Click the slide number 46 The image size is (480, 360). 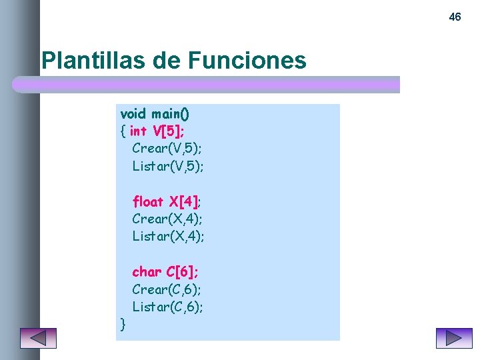(x=455, y=17)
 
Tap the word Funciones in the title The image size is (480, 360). (x=247, y=61)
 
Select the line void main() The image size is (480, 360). (x=155, y=113)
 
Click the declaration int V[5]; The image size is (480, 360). (x=157, y=131)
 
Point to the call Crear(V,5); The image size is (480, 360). (x=167, y=148)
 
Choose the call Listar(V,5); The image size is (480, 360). (x=168, y=165)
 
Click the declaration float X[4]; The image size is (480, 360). (x=167, y=201)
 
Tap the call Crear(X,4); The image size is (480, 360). (x=167, y=219)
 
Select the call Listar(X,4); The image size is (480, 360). (x=168, y=236)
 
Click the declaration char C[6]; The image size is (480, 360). (x=165, y=272)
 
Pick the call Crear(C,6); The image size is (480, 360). (x=167, y=289)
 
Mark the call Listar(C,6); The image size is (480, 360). (x=168, y=307)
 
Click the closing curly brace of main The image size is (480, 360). (x=123, y=325)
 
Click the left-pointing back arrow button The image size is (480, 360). (x=38, y=338)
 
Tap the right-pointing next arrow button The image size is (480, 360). (x=454, y=338)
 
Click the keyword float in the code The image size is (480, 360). (x=148, y=201)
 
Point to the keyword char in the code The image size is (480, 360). (x=147, y=272)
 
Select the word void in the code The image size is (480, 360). (x=133, y=113)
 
